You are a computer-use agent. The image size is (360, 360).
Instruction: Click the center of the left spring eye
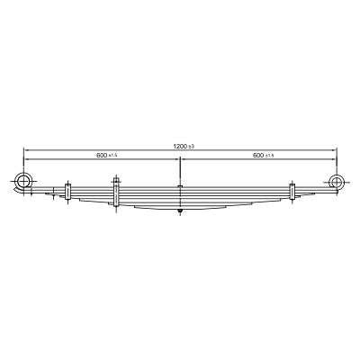[x=23, y=181]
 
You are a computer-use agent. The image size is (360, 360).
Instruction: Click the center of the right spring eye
[x=337, y=182]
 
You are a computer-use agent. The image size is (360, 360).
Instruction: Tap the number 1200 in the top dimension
[x=180, y=146]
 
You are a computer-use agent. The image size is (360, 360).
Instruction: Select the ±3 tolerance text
[x=192, y=147]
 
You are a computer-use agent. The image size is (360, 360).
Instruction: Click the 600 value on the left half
[x=102, y=155]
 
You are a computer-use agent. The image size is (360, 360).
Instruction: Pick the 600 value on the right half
[x=258, y=155]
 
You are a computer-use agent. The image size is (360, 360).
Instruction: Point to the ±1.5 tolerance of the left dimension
[x=112, y=156]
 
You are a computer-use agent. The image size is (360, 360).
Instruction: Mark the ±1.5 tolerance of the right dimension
[x=269, y=156]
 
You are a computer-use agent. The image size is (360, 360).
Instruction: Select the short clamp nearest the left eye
[x=67, y=191]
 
